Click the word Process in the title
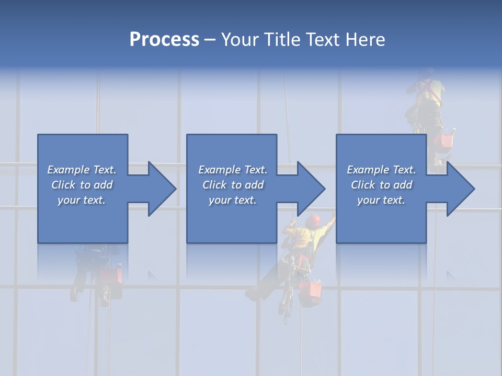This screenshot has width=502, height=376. [164, 40]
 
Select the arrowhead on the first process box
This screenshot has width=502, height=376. [160, 189]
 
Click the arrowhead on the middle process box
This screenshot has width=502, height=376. [310, 189]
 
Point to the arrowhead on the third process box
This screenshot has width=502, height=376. [459, 189]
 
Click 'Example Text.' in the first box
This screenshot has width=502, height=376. [82, 170]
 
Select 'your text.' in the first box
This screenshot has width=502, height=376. [82, 200]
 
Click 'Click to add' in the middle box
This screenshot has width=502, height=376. [233, 185]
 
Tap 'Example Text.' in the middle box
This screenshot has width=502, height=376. [233, 170]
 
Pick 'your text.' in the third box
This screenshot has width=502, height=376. [381, 200]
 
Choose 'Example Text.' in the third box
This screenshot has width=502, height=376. [381, 170]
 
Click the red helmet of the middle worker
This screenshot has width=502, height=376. [313, 220]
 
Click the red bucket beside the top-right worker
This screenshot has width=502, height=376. [446, 140]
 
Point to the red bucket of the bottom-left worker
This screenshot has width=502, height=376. [111, 275]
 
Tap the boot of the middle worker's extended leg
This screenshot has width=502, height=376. [253, 294]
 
